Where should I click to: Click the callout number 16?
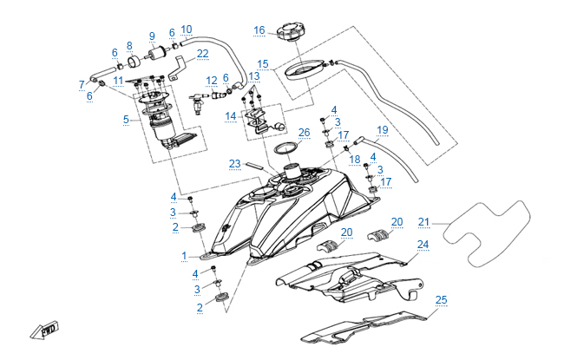[259, 30]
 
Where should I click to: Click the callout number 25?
[442, 300]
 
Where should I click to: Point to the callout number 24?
[423, 245]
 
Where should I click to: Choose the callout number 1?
[184, 256]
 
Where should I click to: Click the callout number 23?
[234, 162]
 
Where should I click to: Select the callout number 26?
[304, 133]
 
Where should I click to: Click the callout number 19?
[382, 130]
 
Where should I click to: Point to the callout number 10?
[187, 29]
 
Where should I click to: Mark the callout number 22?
[202, 54]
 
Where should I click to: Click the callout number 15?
[263, 63]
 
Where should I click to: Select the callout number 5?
[127, 119]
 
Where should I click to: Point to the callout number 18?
[354, 160]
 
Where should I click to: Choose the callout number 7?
[82, 84]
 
